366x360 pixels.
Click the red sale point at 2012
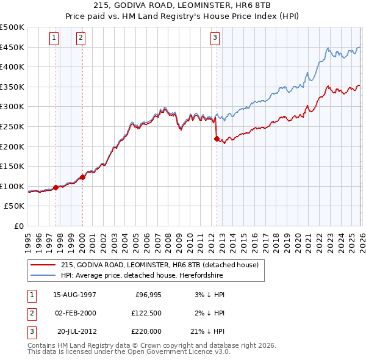click(217, 139)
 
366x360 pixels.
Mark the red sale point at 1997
click(56, 187)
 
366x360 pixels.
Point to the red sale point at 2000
click(82, 178)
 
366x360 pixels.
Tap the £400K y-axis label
click(13, 67)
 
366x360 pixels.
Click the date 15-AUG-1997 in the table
click(74, 294)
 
